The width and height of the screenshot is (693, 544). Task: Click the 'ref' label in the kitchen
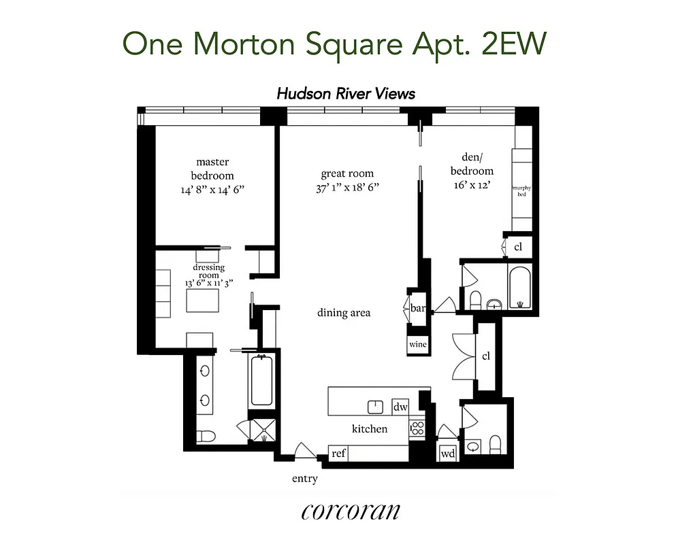[338, 454]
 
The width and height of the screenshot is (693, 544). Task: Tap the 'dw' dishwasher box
[400, 407]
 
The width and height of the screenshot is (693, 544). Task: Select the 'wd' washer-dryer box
[448, 454]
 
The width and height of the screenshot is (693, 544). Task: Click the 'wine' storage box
[417, 345]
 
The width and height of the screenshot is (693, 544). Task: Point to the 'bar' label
[417, 308]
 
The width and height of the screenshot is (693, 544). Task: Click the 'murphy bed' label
[522, 192]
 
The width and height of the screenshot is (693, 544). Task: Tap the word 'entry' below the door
[304, 479]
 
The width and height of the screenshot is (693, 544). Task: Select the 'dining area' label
[344, 313]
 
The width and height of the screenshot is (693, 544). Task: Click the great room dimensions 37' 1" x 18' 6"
[347, 188]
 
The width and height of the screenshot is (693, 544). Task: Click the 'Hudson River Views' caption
[346, 94]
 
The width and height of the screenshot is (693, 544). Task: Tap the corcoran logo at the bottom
[350, 511]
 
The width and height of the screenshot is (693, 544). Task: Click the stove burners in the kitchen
[417, 429]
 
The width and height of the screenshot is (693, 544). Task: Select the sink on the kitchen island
[375, 407]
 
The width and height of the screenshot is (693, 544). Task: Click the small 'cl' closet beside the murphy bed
[518, 247]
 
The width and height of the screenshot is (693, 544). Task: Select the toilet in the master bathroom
[206, 435]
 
